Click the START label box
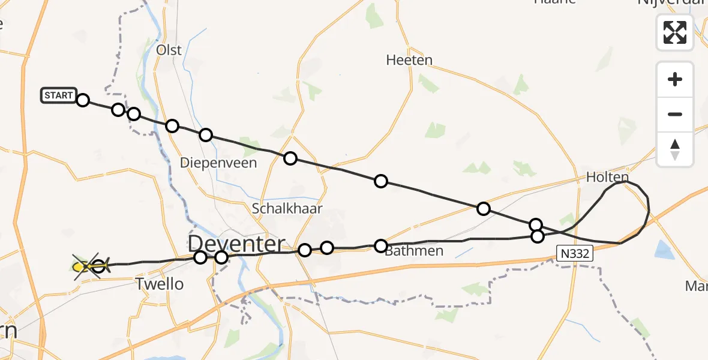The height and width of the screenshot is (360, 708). (x=59, y=95)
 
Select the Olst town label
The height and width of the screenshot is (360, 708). (x=169, y=50)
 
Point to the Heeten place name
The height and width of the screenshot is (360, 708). (x=409, y=61)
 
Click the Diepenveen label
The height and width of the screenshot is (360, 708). (x=218, y=163)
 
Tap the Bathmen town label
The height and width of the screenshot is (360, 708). (x=414, y=251)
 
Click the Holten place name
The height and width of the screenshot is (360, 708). (x=607, y=178)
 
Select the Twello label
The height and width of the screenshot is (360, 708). (x=160, y=284)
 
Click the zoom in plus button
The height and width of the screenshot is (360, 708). (x=675, y=79)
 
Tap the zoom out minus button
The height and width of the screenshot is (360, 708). (x=675, y=114)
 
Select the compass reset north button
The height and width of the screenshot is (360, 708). (x=675, y=149)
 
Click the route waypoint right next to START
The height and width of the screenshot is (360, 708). (x=83, y=100)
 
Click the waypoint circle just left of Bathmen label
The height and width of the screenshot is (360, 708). (x=381, y=245)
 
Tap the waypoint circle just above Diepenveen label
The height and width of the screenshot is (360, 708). (x=206, y=135)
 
